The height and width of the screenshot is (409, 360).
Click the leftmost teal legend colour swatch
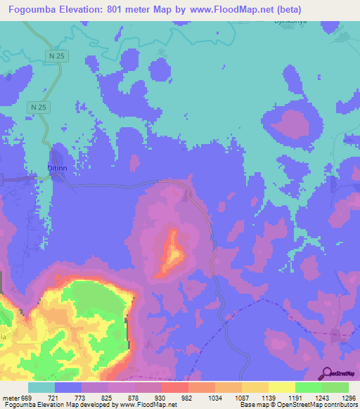coord(41,388)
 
